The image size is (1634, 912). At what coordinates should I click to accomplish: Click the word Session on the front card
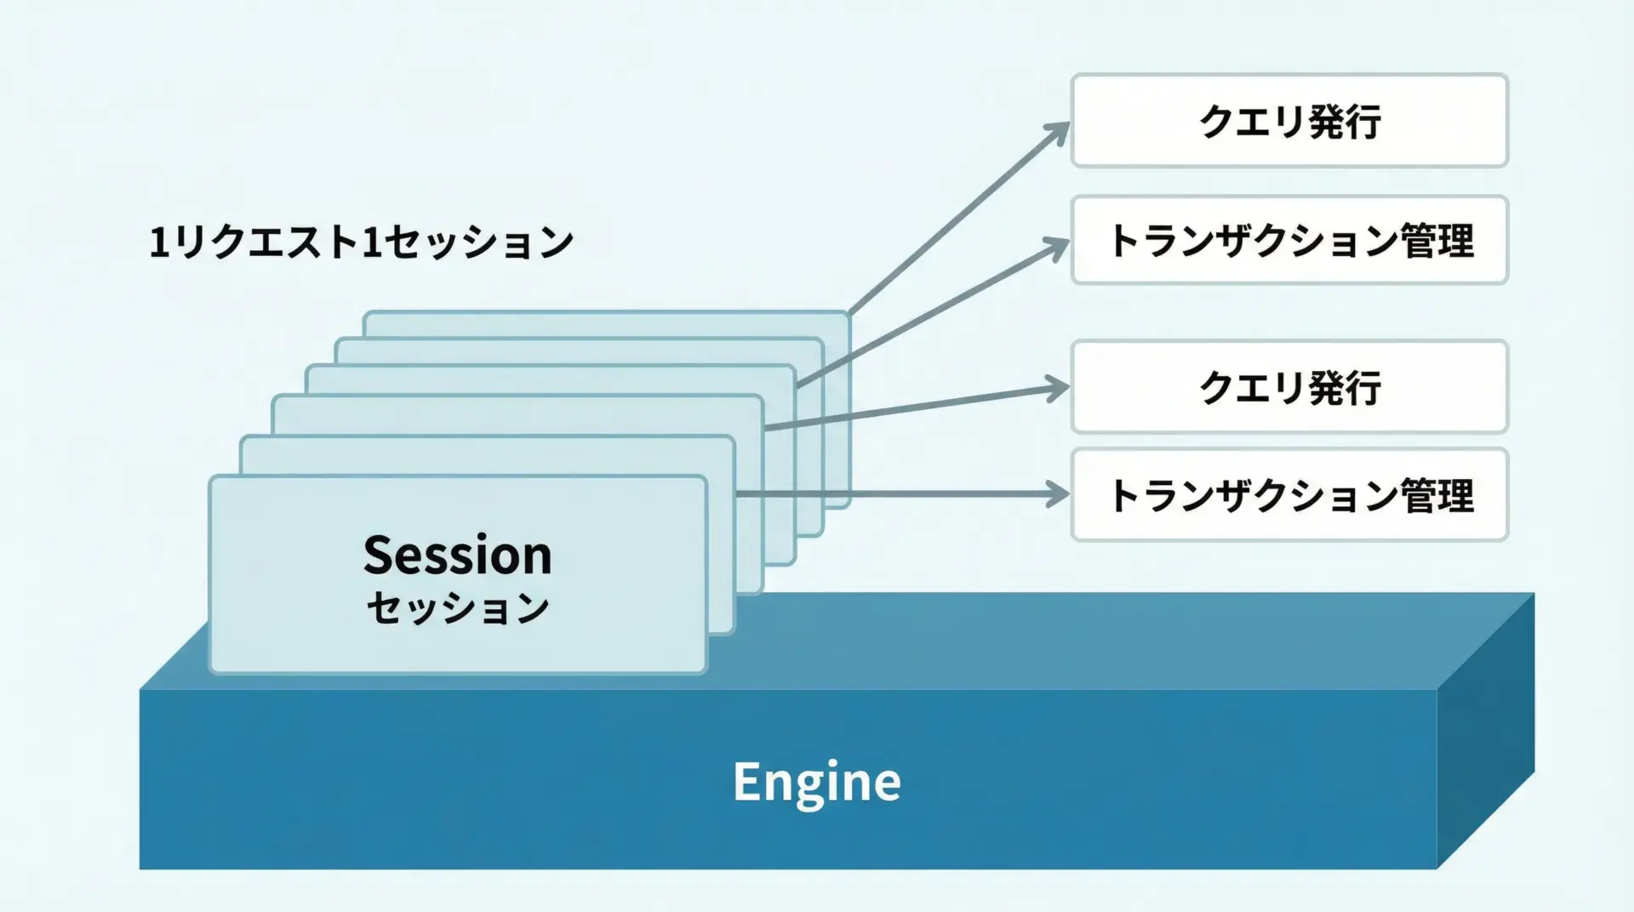click(458, 555)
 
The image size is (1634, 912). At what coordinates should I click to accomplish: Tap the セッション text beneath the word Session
click(458, 609)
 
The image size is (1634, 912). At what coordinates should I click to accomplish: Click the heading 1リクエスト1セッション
click(362, 242)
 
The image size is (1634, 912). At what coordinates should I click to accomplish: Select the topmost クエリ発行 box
click(1289, 121)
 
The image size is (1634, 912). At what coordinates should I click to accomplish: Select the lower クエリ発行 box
click(1289, 387)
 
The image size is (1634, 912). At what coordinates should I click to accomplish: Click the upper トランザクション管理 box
click(1289, 240)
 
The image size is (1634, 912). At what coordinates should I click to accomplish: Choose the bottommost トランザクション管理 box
click(1289, 495)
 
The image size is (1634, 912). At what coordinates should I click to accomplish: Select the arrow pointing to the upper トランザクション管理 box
click(933, 313)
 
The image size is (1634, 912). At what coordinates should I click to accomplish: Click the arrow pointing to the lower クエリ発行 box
click(917, 408)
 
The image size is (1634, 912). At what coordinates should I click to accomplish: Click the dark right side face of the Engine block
click(1486, 732)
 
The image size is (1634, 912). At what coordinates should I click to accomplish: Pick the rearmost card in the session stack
click(606, 324)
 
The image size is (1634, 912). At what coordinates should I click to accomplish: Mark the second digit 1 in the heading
click(371, 243)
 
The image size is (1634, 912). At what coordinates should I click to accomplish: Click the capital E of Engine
click(746, 782)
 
